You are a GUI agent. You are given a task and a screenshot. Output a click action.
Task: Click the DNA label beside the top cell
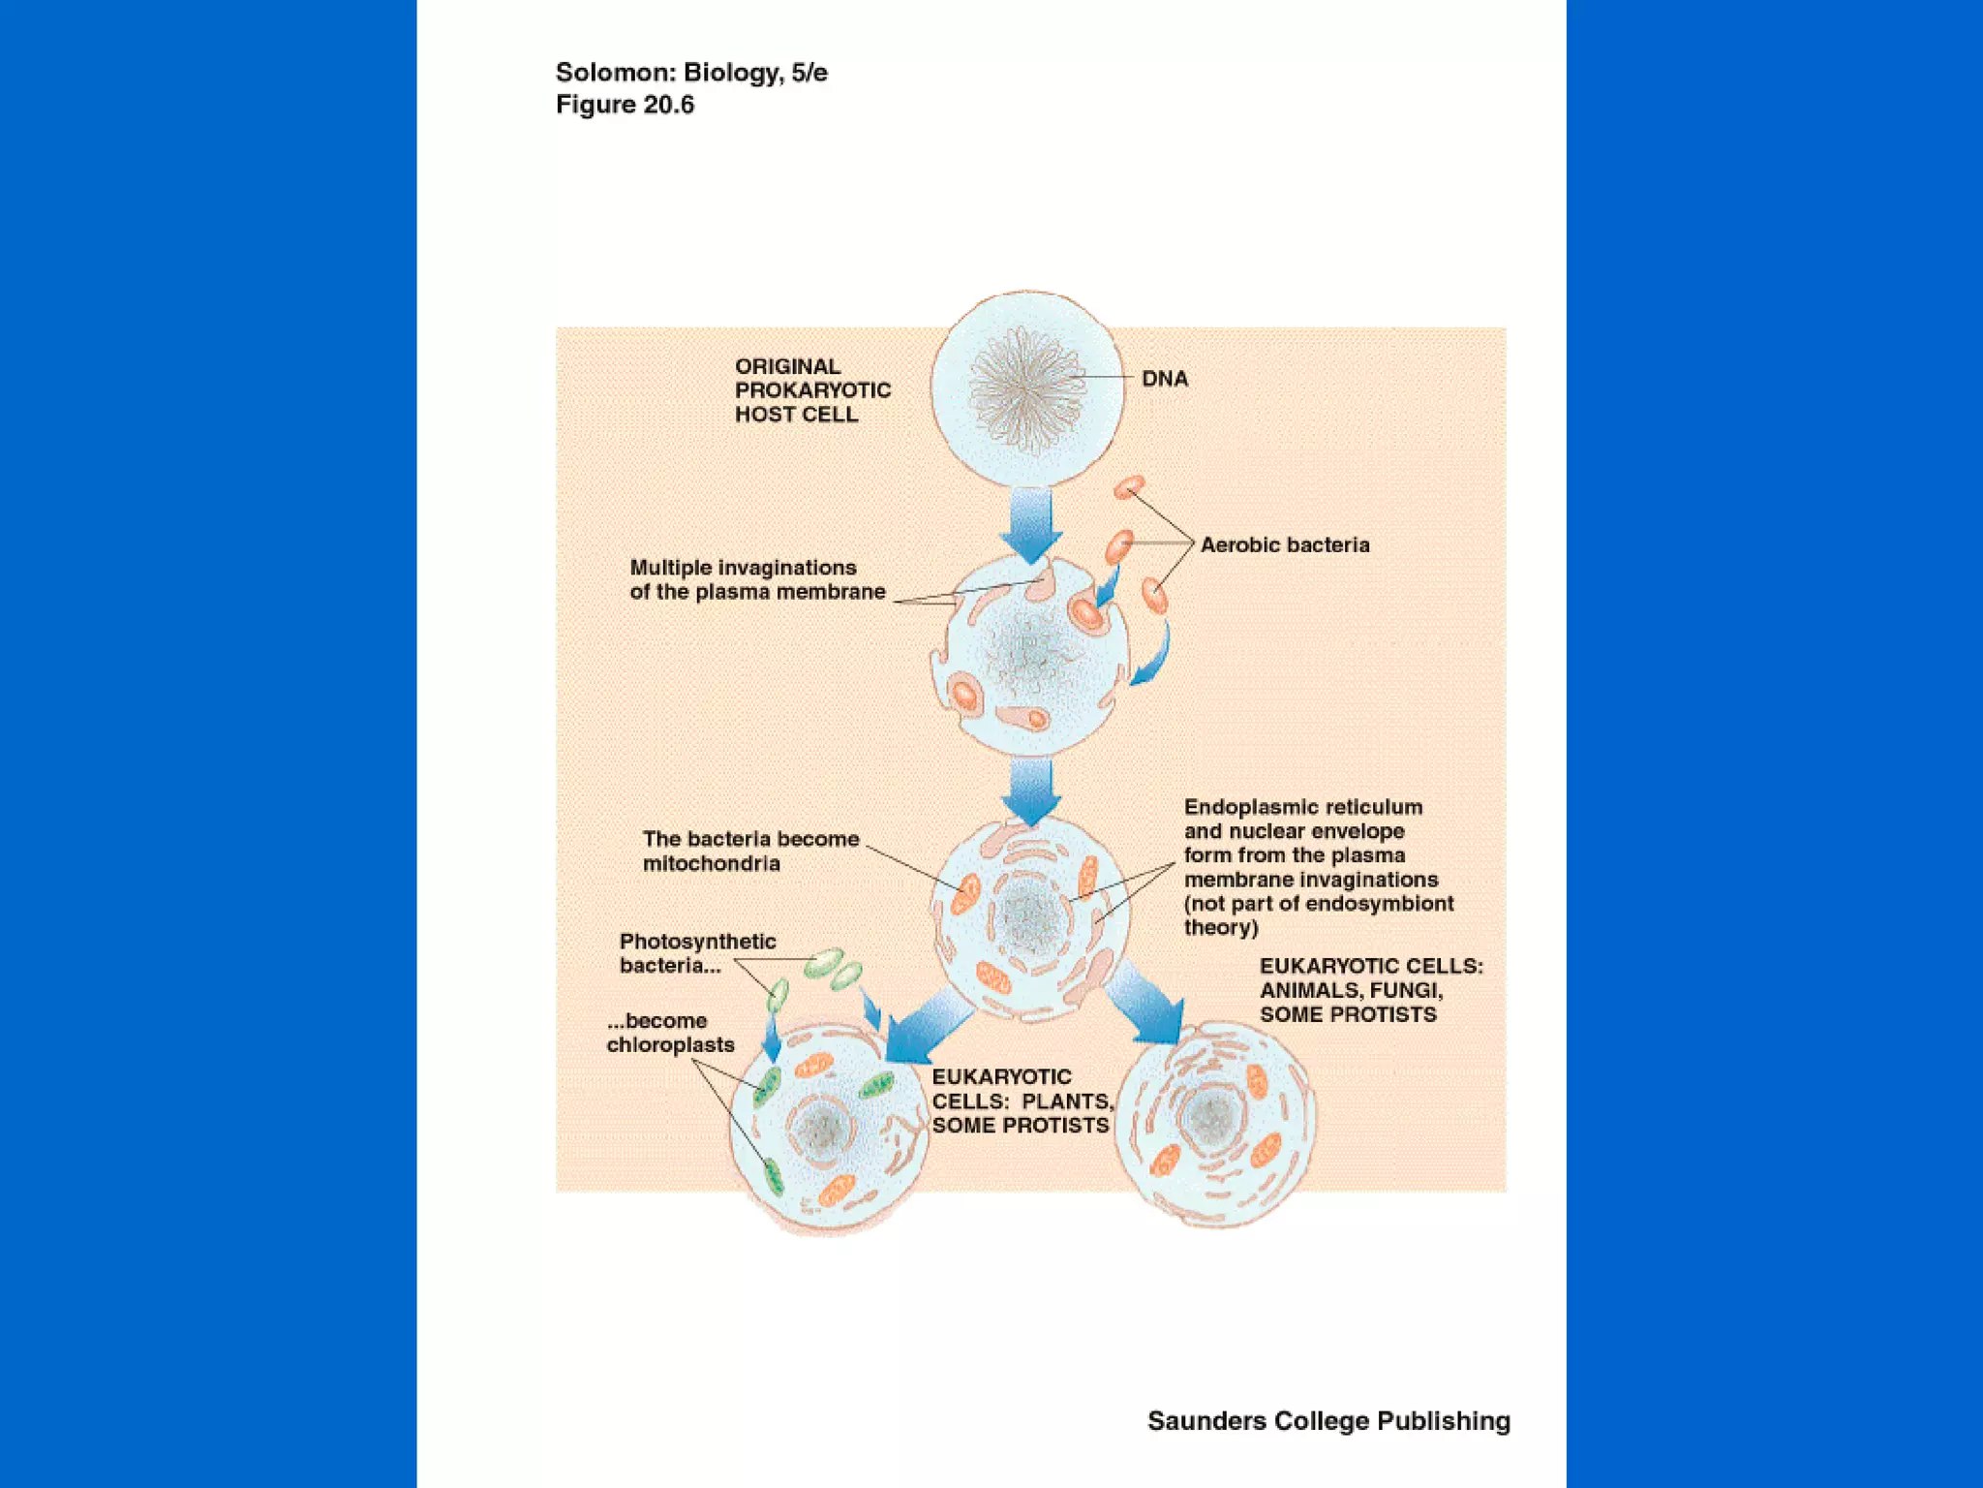pos(1164,379)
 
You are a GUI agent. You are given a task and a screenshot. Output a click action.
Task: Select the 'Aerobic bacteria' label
pos(1284,545)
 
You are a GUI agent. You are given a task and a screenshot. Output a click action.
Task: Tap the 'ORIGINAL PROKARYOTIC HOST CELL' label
pos(811,390)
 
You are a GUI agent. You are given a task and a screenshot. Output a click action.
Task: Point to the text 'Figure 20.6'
pos(625,105)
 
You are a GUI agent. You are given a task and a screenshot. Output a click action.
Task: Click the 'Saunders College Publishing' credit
pos(1328,1421)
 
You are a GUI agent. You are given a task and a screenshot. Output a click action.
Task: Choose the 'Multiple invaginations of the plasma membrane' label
pos(757,579)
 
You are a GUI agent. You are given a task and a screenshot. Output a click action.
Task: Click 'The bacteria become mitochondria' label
pos(750,851)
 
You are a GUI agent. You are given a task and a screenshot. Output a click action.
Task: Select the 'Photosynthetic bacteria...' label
pos(697,953)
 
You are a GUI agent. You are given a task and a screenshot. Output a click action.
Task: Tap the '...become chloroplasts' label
pos(670,1033)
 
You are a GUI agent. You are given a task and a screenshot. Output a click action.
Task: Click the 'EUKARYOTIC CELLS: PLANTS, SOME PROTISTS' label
pos(1022,1101)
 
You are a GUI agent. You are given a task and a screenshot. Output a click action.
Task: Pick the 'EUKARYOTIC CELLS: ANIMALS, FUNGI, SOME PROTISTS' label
pos(1370,990)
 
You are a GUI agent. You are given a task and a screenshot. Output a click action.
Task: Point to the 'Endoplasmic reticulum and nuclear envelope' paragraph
pos(1317,867)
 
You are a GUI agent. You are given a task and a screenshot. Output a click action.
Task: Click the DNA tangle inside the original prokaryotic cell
pos(1025,387)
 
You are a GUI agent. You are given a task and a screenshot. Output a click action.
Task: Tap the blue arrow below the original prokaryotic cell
pos(1030,523)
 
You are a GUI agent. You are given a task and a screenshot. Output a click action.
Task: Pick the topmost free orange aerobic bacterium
pos(1129,487)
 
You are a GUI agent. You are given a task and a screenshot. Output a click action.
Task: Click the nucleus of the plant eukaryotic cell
pos(823,1127)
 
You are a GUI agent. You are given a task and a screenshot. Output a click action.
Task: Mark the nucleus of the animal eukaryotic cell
pos(1210,1118)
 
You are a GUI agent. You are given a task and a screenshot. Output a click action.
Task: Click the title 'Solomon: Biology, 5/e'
pos(691,73)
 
